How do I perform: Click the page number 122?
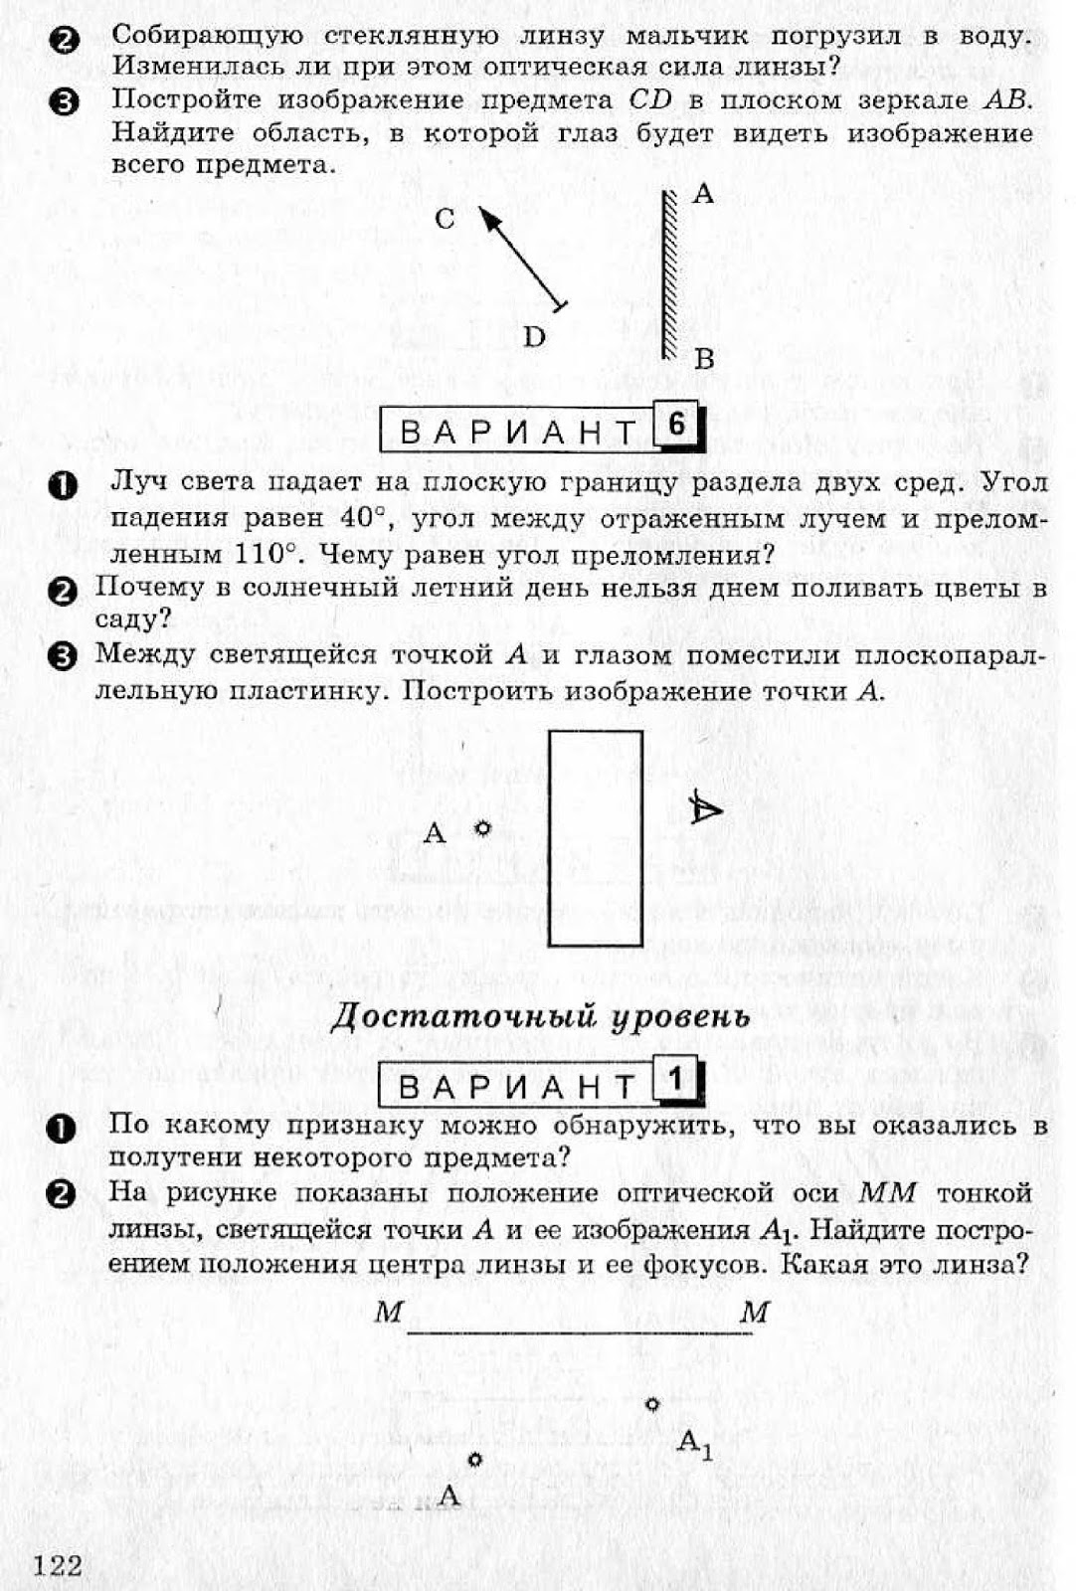click(x=58, y=1565)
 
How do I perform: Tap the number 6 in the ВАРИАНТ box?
click(x=676, y=425)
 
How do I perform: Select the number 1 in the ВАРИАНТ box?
click(x=676, y=1079)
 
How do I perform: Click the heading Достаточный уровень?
click(x=539, y=1016)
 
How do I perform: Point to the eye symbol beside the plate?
click(x=705, y=809)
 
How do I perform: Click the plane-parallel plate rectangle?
click(x=595, y=838)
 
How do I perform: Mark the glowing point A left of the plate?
click(x=482, y=828)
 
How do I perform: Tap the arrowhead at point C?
click(x=486, y=215)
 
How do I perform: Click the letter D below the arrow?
click(x=534, y=337)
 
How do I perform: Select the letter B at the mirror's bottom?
click(x=704, y=359)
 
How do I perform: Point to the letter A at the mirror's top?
click(x=703, y=194)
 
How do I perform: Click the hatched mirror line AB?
click(x=666, y=273)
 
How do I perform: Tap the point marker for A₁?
click(x=652, y=1404)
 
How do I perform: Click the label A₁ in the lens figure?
click(x=694, y=1443)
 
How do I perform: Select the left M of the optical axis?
click(x=388, y=1313)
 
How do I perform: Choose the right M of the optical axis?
click(x=755, y=1313)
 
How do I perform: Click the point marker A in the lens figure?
click(x=474, y=1459)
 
